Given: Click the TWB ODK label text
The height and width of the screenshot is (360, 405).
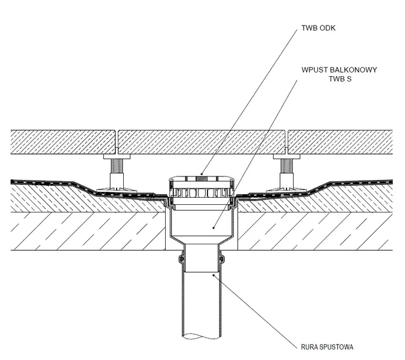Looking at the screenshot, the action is [x=318, y=28].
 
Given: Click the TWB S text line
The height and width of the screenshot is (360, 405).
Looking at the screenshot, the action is [x=340, y=79].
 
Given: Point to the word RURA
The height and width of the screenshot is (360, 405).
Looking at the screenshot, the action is [x=309, y=347].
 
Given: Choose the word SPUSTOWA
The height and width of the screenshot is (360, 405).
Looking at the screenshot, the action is [x=336, y=347].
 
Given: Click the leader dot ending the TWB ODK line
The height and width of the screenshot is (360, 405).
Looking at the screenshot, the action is [x=202, y=174].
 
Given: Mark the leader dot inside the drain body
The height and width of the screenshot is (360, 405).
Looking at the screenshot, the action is [x=213, y=228].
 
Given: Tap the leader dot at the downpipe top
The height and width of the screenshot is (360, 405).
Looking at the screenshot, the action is [x=213, y=275].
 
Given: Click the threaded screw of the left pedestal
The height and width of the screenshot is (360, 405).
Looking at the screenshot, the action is [x=117, y=166].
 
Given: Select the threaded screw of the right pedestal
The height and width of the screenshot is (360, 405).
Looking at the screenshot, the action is [x=287, y=166].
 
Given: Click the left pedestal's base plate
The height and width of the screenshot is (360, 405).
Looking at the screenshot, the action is [x=117, y=190].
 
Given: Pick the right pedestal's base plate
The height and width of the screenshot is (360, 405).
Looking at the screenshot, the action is [x=287, y=190].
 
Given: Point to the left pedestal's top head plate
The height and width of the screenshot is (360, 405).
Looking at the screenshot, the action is [x=117, y=156].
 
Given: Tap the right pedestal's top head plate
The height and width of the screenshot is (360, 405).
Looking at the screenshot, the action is [x=287, y=156].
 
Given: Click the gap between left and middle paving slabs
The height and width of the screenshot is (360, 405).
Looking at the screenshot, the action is [x=117, y=142].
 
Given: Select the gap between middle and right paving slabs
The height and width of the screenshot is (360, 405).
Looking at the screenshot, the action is [x=287, y=142].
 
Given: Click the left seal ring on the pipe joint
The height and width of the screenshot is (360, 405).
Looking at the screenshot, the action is [x=181, y=258].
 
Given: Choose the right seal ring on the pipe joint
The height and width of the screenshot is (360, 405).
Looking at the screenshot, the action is [x=222, y=258].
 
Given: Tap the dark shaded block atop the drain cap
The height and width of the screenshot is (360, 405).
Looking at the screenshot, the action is [x=202, y=179].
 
